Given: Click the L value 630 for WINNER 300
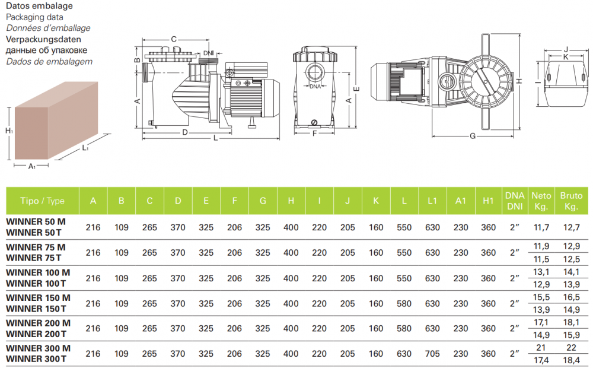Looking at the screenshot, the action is click(x=404, y=354).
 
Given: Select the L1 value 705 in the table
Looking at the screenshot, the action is click(x=432, y=354).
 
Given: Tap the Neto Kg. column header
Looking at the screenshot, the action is click(x=541, y=201).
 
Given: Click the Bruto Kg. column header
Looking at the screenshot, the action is click(x=571, y=201).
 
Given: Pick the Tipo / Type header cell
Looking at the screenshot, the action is click(x=42, y=201).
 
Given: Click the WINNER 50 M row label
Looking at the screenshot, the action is click(x=36, y=221).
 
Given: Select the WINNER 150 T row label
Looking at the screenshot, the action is click(x=36, y=309).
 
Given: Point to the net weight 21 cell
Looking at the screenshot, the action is click(x=541, y=348).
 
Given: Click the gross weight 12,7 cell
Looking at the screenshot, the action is click(x=571, y=227).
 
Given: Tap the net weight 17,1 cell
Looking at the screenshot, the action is click(x=541, y=322).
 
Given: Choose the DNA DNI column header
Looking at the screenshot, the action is click(x=515, y=201).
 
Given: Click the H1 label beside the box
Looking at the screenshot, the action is click(x=9, y=131).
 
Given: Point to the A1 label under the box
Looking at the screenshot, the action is click(x=32, y=166).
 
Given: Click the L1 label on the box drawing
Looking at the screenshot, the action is click(x=85, y=148).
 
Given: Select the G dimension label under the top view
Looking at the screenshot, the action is click(x=473, y=136).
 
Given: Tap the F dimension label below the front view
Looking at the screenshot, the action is click(x=314, y=134).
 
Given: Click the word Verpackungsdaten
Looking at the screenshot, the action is click(x=43, y=39).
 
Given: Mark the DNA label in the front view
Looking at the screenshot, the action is click(x=315, y=86).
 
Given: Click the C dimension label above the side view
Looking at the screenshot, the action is click(x=174, y=39).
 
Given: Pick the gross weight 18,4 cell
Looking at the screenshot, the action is click(x=571, y=360).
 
